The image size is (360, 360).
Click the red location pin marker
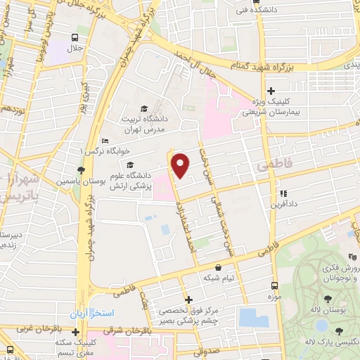pos(180,165)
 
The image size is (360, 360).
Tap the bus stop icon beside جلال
pos(75,38)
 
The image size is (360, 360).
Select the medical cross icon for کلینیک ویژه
pos(271,89)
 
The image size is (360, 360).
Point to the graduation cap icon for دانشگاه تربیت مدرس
pos(144,108)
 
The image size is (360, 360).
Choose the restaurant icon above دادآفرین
pos(283,193)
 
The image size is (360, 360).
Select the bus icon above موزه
pos(275,286)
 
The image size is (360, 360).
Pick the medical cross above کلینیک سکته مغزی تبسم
pos(75,331)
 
